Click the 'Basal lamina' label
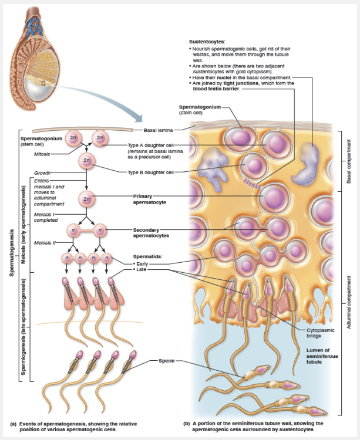[158, 130]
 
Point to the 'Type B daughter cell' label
[150, 172]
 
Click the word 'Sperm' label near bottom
[166, 360]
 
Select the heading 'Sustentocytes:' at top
[207, 42]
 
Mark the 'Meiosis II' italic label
[44, 242]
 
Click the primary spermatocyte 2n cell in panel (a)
[87, 198]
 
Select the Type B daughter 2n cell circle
[86, 160]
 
